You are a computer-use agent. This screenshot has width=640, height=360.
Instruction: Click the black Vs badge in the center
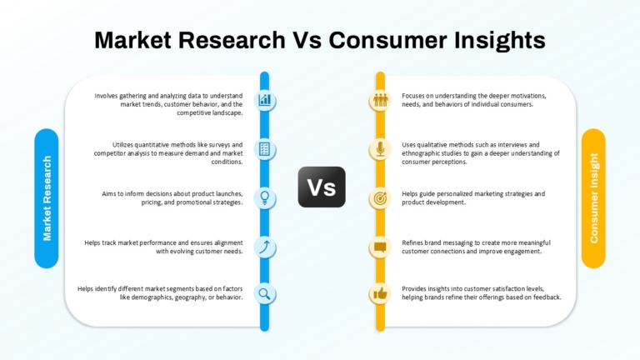tap(322, 187)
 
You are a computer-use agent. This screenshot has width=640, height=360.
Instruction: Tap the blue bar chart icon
tap(264, 100)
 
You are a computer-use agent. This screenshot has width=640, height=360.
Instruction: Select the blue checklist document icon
tap(264, 149)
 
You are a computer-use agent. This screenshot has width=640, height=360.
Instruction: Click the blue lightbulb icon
tap(264, 198)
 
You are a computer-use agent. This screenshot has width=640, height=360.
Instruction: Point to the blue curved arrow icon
tap(264, 247)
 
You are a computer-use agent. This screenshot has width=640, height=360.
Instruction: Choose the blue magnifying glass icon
tap(264, 293)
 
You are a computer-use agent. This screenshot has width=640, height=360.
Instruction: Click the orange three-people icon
tap(380, 100)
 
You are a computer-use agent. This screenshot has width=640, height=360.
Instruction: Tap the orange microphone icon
tap(380, 149)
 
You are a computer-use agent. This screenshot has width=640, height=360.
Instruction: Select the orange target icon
tap(380, 198)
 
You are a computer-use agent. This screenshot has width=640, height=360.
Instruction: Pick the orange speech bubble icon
tap(380, 247)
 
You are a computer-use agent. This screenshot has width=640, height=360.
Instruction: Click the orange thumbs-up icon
tap(380, 293)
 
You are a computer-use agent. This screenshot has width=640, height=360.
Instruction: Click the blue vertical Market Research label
tap(47, 198)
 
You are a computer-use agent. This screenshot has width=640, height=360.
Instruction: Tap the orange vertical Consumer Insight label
tap(593, 198)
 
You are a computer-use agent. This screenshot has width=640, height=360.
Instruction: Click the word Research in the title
tap(232, 40)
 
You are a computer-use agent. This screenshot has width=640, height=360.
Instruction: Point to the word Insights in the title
tap(500, 41)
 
